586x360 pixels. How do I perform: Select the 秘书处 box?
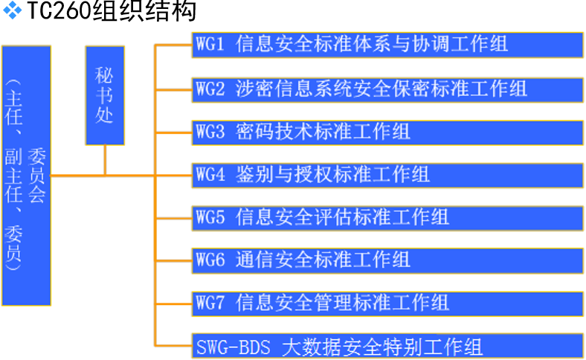[104, 95]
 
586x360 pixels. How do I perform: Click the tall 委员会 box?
[26, 176]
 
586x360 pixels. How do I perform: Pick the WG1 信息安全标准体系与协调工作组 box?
[386, 44]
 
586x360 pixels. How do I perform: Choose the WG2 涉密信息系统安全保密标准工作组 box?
[386, 88]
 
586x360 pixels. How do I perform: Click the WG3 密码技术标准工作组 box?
[386, 132]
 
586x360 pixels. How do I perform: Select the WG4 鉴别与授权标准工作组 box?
[386, 175]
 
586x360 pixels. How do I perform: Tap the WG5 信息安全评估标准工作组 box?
[386, 217]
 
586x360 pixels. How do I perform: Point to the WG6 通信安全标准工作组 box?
[386, 260]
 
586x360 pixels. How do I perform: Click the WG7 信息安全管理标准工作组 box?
[386, 303]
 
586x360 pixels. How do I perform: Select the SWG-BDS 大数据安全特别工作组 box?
[386, 346]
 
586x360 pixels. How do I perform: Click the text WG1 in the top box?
[210, 44]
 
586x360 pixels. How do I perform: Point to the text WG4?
[210, 175]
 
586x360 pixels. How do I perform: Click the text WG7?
[210, 303]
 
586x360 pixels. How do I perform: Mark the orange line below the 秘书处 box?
[105, 160]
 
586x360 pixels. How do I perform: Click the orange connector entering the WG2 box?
[173, 89]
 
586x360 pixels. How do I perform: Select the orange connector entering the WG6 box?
[173, 260]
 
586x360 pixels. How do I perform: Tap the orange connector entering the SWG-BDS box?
[173, 346]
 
